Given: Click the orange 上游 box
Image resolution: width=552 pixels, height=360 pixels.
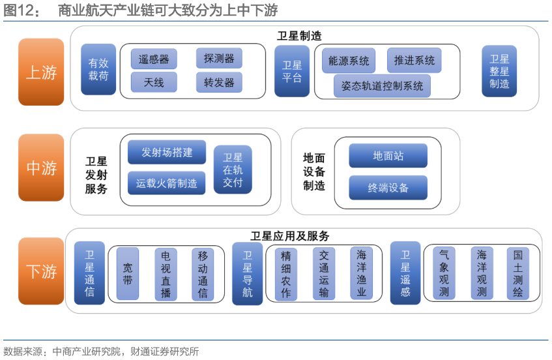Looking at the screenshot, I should pyautogui.click(x=41, y=72).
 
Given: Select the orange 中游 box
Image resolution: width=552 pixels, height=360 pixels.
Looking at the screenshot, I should pyautogui.click(x=41, y=168).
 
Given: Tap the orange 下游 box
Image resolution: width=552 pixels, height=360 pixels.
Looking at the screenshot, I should pyautogui.click(x=41, y=271).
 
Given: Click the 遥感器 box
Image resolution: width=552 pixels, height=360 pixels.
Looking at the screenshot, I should pyautogui.click(x=154, y=59).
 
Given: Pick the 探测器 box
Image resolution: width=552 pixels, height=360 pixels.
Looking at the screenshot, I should pyautogui.click(x=219, y=58).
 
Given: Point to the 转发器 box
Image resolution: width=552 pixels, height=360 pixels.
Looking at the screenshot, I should pyautogui.click(x=219, y=83).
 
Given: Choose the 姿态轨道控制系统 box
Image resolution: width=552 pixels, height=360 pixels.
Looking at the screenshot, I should pyautogui.click(x=382, y=85).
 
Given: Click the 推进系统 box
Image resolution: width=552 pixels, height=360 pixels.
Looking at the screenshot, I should pyautogui.click(x=414, y=61).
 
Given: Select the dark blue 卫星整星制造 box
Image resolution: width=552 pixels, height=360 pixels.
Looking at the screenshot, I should pyautogui.click(x=499, y=71).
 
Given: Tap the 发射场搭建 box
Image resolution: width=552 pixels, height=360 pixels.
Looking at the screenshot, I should pyautogui.click(x=167, y=153).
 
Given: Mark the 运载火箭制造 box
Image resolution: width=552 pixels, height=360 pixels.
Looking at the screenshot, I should pyautogui.click(x=167, y=183).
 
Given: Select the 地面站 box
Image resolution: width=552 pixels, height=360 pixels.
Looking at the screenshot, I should pyautogui.click(x=388, y=156).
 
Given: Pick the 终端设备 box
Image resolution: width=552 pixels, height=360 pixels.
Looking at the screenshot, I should pyautogui.click(x=388, y=188).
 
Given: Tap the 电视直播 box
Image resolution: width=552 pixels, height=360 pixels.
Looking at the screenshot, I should pyautogui.click(x=166, y=274).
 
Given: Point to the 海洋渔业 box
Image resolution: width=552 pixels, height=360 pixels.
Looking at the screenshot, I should pyautogui.click(x=361, y=273).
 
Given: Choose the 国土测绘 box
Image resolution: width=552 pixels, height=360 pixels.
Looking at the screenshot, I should pyautogui.click(x=518, y=273).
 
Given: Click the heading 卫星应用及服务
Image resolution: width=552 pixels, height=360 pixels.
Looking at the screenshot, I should pyautogui.click(x=290, y=236).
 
